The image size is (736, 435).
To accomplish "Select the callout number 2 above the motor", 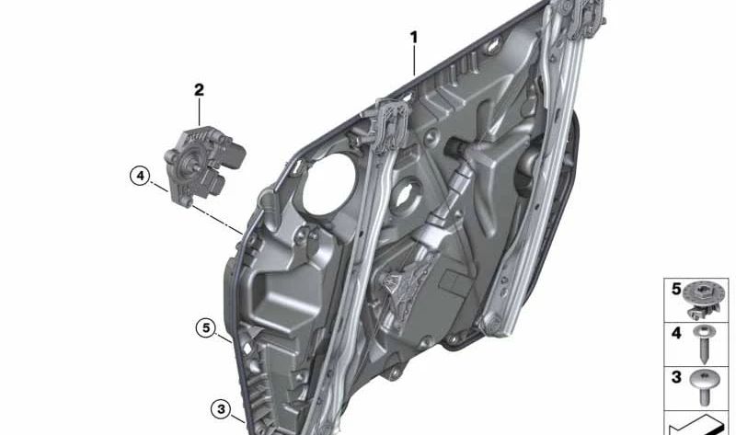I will click(x=199, y=90).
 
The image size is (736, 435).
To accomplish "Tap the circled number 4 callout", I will click(x=139, y=175).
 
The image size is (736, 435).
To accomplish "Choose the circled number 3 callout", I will click(x=220, y=408).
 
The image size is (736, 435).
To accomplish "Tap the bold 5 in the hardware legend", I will click(x=676, y=291).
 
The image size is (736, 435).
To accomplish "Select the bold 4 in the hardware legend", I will click(x=676, y=333).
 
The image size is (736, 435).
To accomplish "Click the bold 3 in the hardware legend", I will click(x=676, y=377).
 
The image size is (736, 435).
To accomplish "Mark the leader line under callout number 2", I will click(x=199, y=112).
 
